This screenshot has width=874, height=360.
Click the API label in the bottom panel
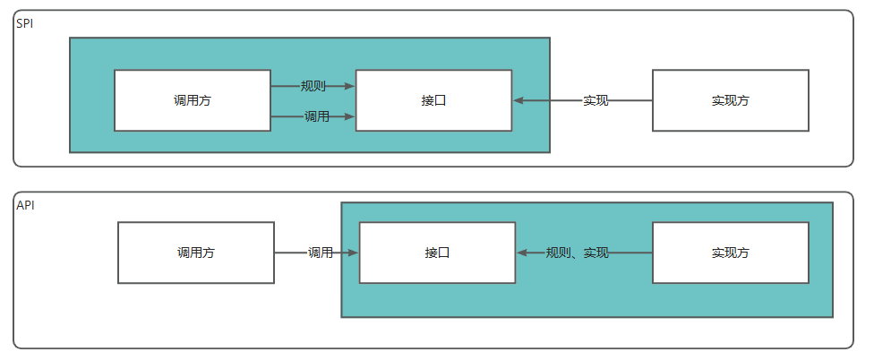tap(26, 205)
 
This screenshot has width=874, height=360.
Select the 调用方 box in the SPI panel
tap(193, 100)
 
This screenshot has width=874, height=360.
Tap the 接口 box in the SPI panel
tap(433, 100)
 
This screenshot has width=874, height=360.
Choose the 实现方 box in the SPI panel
tap(730, 100)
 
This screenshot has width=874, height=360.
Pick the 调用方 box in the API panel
tap(196, 253)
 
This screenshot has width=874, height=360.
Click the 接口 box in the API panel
tap(437, 253)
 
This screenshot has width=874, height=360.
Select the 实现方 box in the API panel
tap(730, 253)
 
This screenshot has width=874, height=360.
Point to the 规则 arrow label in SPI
tap(313, 86)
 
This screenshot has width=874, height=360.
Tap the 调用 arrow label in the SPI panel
tap(317, 116)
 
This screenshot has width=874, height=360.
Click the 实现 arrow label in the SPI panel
tap(596, 100)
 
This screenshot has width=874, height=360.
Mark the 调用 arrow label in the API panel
tap(321, 253)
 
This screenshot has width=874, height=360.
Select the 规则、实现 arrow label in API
tap(578, 253)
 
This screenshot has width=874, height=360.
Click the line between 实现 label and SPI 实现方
tap(630, 100)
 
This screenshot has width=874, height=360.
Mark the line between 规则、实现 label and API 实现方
tap(630, 253)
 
